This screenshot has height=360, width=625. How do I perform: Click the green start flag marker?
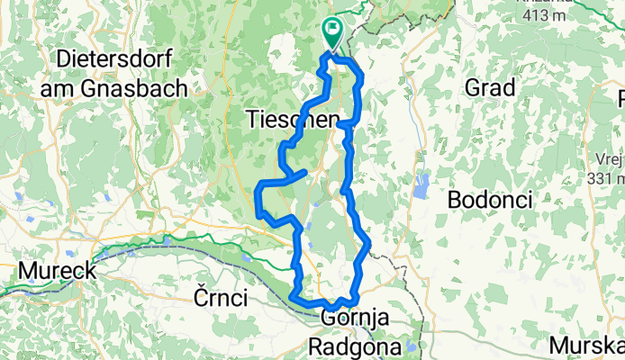click(x=332, y=33)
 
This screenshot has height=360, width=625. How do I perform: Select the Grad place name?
click(x=490, y=88)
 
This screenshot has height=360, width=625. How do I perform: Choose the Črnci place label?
click(x=220, y=298)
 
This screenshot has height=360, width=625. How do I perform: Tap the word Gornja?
click(x=355, y=318)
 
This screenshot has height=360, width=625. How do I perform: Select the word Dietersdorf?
click(x=121, y=60)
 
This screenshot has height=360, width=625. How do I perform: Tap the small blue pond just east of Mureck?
click(x=133, y=253)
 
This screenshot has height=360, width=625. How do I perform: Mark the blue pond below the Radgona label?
click(x=410, y=346)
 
